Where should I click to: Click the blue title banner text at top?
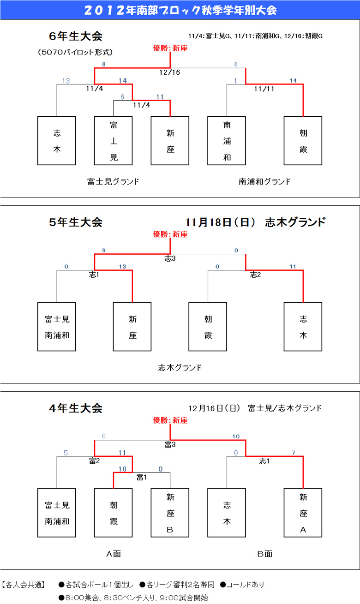pyautogui.click(x=180, y=10)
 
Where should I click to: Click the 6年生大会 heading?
pyautogui.click(x=76, y=36)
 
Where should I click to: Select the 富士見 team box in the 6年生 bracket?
pyautogui.click(x=113, y=140)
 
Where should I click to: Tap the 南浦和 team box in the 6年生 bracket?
pyautogui.click(x=227, y=140)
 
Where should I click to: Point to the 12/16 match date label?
pyautogui.click(x=170, y=72)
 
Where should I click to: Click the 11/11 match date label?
pyautogui.click(x=264, y=89)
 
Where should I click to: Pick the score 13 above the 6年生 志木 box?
pyautogui.click(x=66, y=81)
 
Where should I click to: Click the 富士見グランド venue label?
pyautogui.click(x=113, y=181)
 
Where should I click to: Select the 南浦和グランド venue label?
pyautogui.click(x=265, y=181)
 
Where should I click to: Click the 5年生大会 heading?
pyautogui.click(x=76, y=222)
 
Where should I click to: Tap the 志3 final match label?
pyautogui.click(x=170, y=258)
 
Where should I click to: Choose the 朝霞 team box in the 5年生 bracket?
pyautogui.click(x=208, y=327)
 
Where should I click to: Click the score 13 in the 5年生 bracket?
pyautogui.click(x=122, y=266)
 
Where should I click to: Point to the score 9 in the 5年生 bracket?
pyautogui.click(x=104, y=250)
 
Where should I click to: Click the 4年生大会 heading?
pyautogui.click(x=76, y=408)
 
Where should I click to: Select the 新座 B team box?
pyautogui.click(x=170, y=513)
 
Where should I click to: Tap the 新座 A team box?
pyautogui.click(x=303, y=513)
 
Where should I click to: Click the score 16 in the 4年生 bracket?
pyautogui.click(x=122, y=469)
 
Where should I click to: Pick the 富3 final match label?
pyautogui.click(x=170, y=444)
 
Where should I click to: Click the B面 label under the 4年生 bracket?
pyautogui.click(x=265, y=554)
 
